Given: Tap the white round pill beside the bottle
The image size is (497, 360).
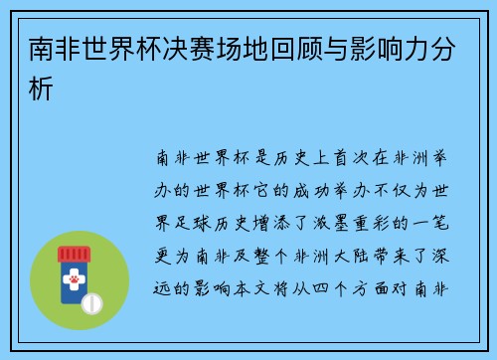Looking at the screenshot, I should pyautogui.click(x=91, y=300).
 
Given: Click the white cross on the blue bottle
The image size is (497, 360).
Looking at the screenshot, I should pyautogui.click(x=72, y=269).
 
